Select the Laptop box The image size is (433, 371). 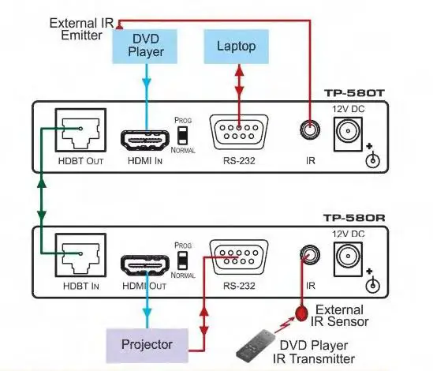click(x=236, y=47)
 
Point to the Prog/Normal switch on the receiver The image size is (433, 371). click(x=183, y=259)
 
